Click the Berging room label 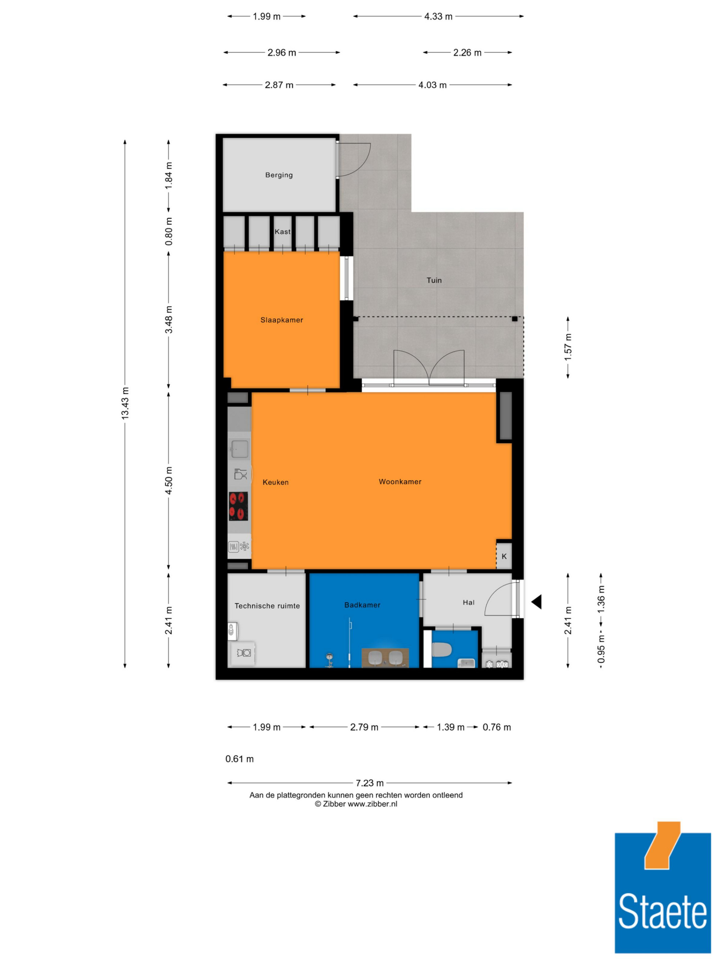279,175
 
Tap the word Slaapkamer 282,320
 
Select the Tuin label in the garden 434,280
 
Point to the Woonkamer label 400,481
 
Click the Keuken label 276,482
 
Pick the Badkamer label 362,605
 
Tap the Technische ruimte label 268,606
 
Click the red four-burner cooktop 238,506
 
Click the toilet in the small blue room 441,649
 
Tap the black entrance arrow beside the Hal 537,602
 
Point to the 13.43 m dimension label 125,403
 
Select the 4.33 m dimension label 439,17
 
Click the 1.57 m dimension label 568,347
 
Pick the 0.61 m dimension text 239,759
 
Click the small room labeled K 504,556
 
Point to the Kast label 282,232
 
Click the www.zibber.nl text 372,804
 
